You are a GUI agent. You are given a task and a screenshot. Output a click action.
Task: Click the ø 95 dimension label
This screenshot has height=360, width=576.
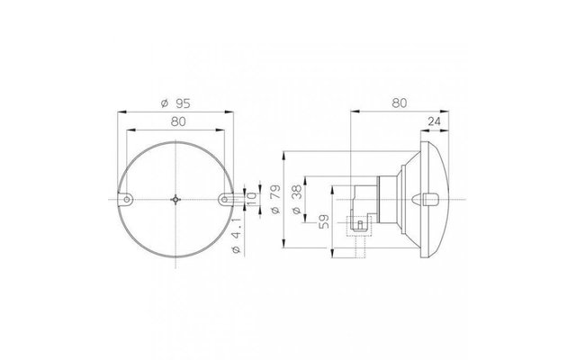point(175,103)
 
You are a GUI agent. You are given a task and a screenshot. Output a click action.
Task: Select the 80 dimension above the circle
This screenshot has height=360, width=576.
point(178,121)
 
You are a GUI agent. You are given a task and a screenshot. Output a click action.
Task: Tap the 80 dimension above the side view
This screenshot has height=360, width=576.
point(400,103)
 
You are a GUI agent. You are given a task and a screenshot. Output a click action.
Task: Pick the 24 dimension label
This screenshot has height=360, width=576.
point(434,121)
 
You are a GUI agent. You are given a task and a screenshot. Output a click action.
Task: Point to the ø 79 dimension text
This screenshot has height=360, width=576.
point(276,199)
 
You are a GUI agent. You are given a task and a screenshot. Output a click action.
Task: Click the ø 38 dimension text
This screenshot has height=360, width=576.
point(297,200)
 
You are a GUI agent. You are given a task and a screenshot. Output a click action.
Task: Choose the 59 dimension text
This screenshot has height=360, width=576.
point(324,221)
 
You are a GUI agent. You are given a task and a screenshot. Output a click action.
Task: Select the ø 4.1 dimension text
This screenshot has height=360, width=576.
point(236,236)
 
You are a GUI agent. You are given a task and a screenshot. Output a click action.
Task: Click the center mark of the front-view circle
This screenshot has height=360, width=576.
point(176,200)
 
